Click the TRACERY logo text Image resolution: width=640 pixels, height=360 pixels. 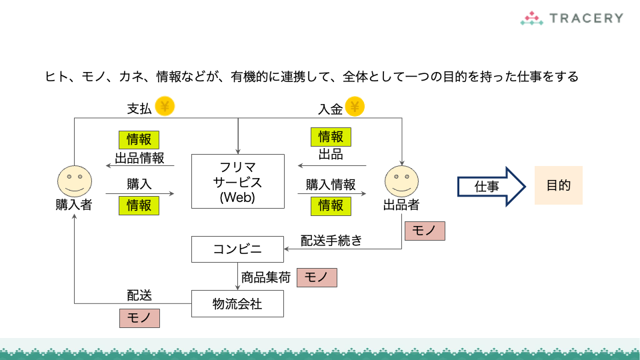pos(587,18)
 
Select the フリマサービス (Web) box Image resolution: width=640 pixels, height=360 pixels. pos(237,181)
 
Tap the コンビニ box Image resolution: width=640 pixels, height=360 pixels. pos(237,249)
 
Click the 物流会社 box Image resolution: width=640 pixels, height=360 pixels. pos(237,304)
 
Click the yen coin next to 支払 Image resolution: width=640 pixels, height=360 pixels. pos(165,106)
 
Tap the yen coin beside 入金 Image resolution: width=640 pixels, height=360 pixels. pos(355,106)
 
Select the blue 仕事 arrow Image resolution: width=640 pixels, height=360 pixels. pos(491,186)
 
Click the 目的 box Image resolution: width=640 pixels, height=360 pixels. pos(558,185)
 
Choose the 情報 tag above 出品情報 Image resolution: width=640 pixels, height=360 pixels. pos(139,139)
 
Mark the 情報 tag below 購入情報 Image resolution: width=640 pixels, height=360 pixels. pos(331,205)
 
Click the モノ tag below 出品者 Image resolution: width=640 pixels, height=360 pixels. pos(424,231)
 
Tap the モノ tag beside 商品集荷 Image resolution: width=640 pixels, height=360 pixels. pos(317,277)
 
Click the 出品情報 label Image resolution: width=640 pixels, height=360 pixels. pos(139,158)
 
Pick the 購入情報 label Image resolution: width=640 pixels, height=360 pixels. pos(331,185)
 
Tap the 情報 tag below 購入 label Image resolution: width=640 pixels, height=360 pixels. pos(139,205)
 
